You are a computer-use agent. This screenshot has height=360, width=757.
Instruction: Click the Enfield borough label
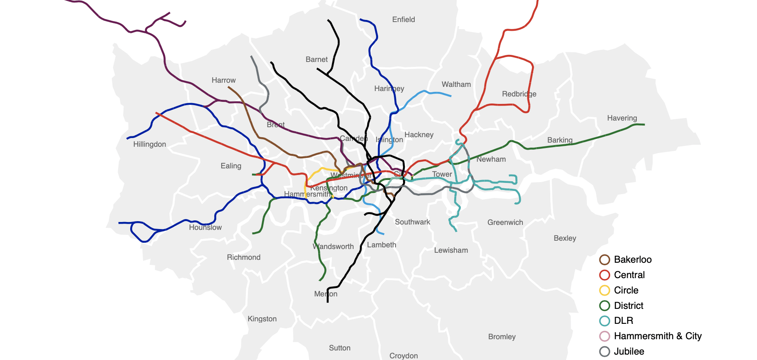[x=403, y=20]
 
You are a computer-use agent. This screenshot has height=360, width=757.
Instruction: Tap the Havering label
[x=621, y=118]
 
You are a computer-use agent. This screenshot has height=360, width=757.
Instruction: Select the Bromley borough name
[x=501, y=337]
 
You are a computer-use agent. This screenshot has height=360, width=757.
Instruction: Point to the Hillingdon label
[x=149, y=144]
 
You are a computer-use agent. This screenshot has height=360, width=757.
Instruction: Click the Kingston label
[x=262, y=319]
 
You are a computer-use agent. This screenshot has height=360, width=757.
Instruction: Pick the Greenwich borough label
[x=505, y=222]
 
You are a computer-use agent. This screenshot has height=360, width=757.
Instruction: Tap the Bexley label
[x=564, y=238]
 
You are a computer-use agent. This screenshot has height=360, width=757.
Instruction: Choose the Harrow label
[x=223, y=80]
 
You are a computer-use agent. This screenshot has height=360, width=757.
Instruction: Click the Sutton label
[x=339, y=348]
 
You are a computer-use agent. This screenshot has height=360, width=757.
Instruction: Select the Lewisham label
[x=450, y=250]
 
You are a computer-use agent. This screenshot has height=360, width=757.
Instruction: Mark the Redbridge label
[x=519, y=94]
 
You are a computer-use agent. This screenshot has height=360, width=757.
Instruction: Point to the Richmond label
[x=243, y=257]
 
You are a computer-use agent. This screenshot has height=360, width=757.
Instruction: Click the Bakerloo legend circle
[x=604, y=260]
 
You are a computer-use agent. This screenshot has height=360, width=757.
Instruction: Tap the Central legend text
[x=629, y=275]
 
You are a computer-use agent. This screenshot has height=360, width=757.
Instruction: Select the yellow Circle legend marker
[x=604, y=290]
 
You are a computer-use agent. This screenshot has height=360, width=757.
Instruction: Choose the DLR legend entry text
[x=623, y=321]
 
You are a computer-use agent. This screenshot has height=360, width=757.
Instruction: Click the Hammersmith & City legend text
[x=657, y=336]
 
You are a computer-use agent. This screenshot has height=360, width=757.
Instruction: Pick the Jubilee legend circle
[x=604, y=351]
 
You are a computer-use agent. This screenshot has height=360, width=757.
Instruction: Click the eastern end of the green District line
[x=643, y=124]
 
